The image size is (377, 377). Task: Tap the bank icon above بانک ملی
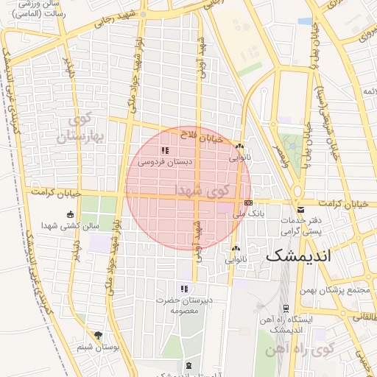pyautogui.click(x=248, y=202)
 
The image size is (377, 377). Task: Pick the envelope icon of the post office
pyautogui.click(x=297, y=211)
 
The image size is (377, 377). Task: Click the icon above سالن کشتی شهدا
pyautogui.click(x=70, y=214)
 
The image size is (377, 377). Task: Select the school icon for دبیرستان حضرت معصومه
pyautogui.click(x=184, y=288)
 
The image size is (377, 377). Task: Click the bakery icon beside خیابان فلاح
pyautogui.click(x=239, y=146)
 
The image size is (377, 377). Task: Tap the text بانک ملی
pyautogui.click(x=247, y=214)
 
